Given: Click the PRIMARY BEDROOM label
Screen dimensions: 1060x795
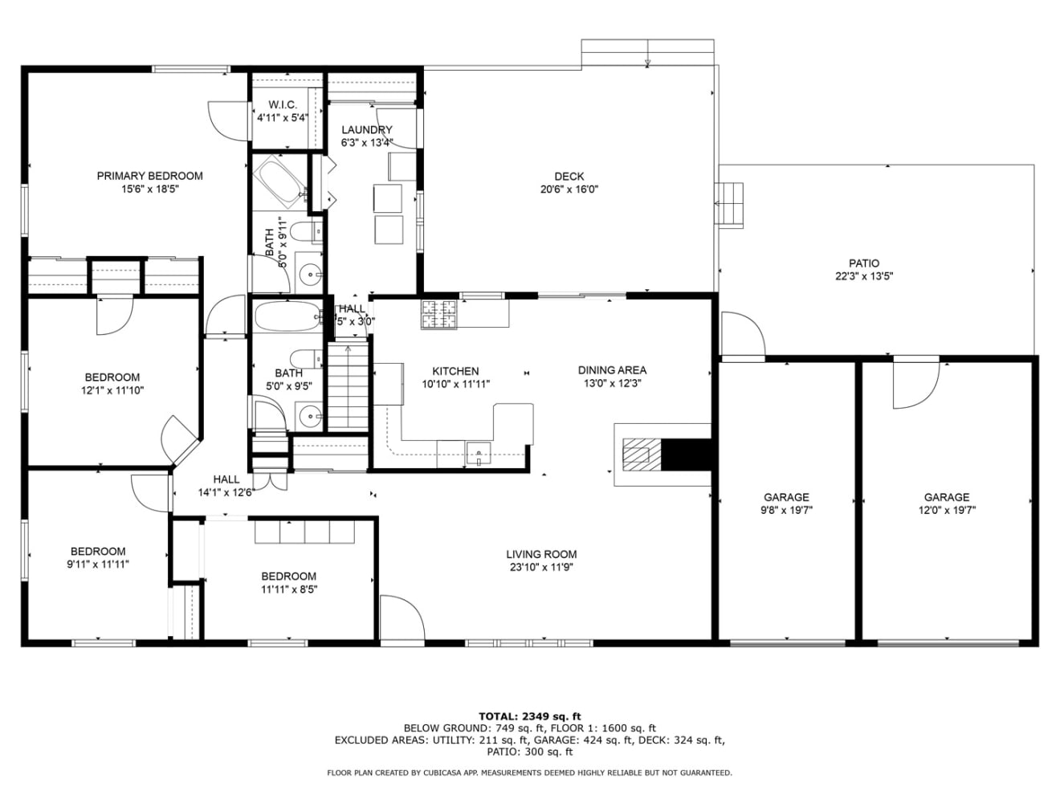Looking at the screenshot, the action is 149,176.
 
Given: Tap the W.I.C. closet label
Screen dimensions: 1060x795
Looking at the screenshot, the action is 283,104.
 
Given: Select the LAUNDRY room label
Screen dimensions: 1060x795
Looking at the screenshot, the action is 367,130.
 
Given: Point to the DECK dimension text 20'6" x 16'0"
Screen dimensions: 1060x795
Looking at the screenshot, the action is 569,190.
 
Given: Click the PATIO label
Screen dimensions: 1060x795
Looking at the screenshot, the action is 864,263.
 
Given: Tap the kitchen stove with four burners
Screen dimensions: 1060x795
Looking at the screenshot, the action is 439,314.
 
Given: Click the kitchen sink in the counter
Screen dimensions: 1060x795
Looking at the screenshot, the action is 478,453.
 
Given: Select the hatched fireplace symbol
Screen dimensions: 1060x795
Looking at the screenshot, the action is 642,455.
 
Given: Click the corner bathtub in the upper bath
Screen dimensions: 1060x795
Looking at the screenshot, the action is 279,182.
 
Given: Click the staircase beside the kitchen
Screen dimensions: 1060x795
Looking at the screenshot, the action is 349,385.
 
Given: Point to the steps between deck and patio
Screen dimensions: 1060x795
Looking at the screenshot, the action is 729,204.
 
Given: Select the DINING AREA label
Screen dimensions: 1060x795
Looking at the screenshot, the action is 613,370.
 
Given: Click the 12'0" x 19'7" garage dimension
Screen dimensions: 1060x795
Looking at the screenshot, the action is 947,510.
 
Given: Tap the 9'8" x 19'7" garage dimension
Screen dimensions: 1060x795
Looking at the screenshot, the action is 787,510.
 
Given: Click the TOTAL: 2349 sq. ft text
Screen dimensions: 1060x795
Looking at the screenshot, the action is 530,716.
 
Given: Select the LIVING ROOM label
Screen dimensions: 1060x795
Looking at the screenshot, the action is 541,554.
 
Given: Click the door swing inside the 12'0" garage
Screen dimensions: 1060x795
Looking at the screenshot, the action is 916,385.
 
